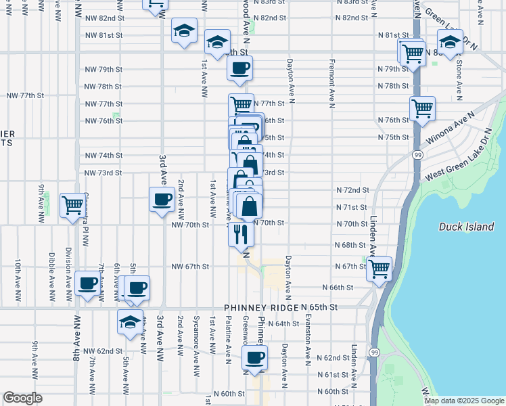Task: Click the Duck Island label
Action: (x=466, y=227)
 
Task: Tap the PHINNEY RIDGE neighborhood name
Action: (x=264, y=308)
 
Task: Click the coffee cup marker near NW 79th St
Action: (x=240, y=68)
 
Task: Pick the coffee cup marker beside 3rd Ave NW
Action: (x=162, y=200)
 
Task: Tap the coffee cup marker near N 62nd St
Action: (x=254, y=357)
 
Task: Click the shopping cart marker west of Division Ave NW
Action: (x=72, y=204)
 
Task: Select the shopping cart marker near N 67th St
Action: (x=379, y=269)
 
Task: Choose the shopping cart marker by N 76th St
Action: (x=422, y=108)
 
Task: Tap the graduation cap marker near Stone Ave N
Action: (x=450, y=42)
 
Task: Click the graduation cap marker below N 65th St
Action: (x=130, y=321)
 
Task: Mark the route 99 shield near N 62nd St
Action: (x=373, y=353)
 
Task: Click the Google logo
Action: (x=22, y=398)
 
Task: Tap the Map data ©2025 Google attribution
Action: (x=463, y=401)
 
